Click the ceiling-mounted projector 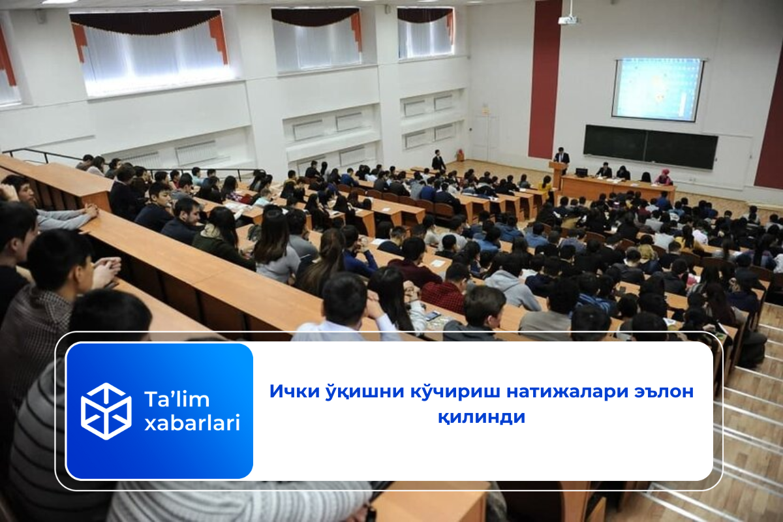tap(568, 20)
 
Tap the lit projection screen tap(657, 89)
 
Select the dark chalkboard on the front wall tap(650, 147)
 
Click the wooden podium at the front tap(557, 175)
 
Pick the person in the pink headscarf tap(664, 177)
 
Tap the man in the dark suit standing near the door tap(438, 161)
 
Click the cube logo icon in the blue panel tap(106, 411)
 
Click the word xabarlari tap(192, 423)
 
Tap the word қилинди tap(482, 417)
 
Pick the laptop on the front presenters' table tap(580, 172)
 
